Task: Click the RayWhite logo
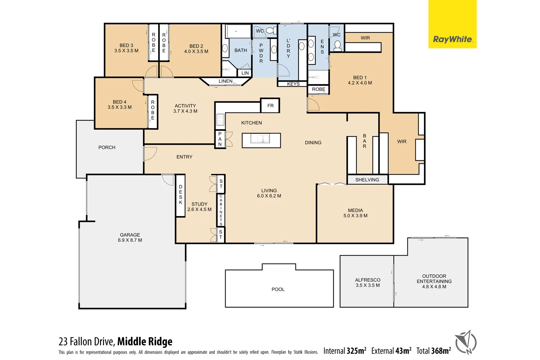pyautogui.click(x=452, y=39)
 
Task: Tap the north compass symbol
pyautogui.click(x=466, y=342)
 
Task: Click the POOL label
pyautogui.click(x=278, y=289)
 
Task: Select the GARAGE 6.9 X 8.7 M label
pyautogui.click(x=130, y=237)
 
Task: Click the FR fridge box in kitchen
pyautogui.click(x=270, y=106)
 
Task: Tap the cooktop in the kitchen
pyautogui.click(x=220, y=120)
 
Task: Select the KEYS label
pyautogui.click(x=293, y=84)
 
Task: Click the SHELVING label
pyautogui.click(x=367, y=180)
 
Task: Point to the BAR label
pyautogui.click(x=364, y=141)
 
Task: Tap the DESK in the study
pyautogui.click(x=180, y=195)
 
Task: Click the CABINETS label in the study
pyautogui.click(x=221, y=210)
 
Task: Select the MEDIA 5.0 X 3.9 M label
pyautogui.click(x=355, y=213)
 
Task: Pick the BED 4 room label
pyautogui.click(x=119, y=104)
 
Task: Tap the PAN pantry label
pyautogui.click(x=220, y=139)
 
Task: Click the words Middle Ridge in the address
pyautogui.click(x=145, y=341)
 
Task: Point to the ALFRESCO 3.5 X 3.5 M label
pyautogui.click(x=368, y=283)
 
